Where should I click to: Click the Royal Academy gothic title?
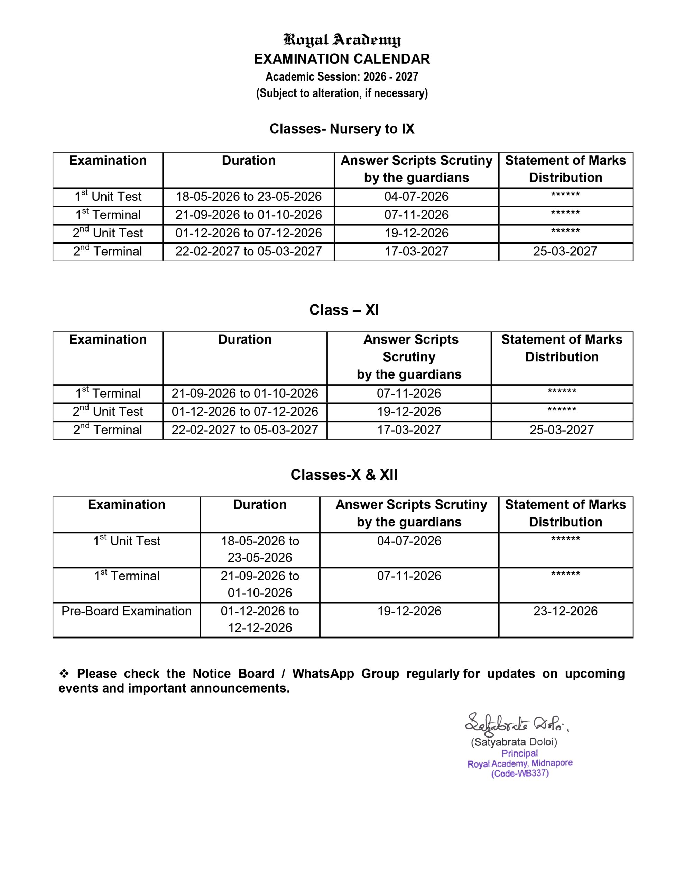pyautogui.click(x=342, y=40)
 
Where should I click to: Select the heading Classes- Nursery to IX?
pyautogui.click(x=342, y=129)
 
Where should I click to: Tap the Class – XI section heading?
pyautogui.click(x=344, y=310)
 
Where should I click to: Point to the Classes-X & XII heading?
pyautogui.click(x=344, y=474)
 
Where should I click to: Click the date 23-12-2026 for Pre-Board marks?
pyautogui.click(x=565, y=611)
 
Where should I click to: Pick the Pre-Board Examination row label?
pyautogui.click(x=126, y=611)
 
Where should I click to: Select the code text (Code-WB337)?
pyautogui.click(x=520, y=774)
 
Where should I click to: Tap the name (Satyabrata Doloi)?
pyautogui.click(x=514, y=742)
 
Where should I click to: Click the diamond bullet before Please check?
pyautogui.click(x=64, y=674)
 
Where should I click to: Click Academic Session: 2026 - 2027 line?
pyautogui.click(x=342, y=77)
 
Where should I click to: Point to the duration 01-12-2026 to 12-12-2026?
pyautogui.click(x=260, y=620)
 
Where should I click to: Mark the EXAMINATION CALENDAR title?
pyautogui.click(x=342, y=59)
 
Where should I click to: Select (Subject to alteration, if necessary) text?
pyautogui.click(x=342, y=93)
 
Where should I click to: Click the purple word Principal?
pyautogui.click(x=520, y=753)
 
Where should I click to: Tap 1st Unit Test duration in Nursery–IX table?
pyautogui.click(x=249, y=197)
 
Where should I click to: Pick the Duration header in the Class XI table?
pyautogui.click(x=245, y=340)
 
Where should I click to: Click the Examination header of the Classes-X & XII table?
pyautogui.click(x=127, y=505)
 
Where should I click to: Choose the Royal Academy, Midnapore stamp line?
pyautogui.click(x=520, y=763)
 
